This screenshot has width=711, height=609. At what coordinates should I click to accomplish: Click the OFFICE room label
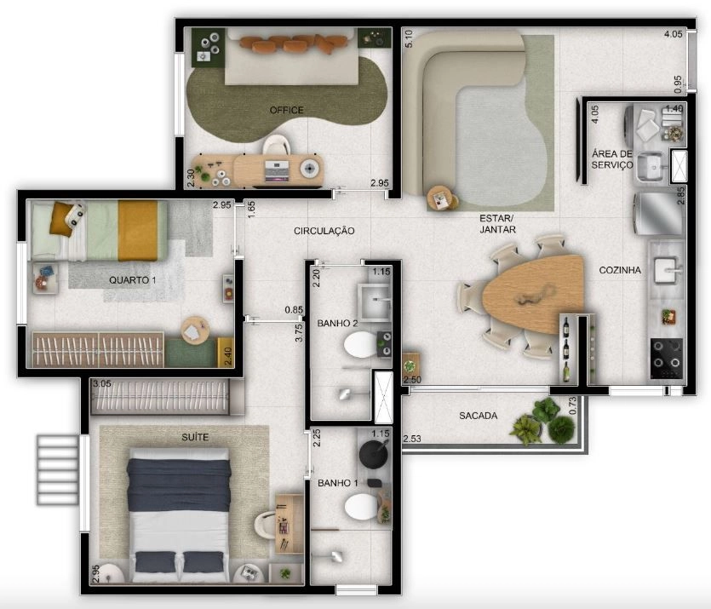tap(286, 110)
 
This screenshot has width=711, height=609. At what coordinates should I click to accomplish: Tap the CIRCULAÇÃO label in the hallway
tap(324, 231)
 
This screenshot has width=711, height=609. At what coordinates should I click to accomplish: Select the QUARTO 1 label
tap(132, 280)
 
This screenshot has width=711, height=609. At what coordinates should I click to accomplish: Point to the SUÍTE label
tap(195, 437)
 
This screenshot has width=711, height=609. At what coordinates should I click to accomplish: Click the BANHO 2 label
tap(337, 324)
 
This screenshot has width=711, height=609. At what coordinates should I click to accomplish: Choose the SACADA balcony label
tap(478, 416)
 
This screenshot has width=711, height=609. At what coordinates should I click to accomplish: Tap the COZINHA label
tap(620, 270)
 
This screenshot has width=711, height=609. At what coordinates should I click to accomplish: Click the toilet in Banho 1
tap(361, 506)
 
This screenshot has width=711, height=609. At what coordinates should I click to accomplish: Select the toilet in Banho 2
tap(361, 345)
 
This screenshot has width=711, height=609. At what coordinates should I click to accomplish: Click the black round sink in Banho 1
tap(373, 452)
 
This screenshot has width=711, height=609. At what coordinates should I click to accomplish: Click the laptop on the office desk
tap(276, 171)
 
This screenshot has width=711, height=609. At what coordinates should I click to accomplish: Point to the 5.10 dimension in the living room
tap(409, 39)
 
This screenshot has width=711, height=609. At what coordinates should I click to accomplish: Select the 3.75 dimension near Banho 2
tap(299, 333)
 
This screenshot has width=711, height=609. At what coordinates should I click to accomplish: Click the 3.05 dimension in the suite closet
tap(101, 383)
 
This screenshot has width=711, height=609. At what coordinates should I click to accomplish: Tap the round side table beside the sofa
tap(441, 198)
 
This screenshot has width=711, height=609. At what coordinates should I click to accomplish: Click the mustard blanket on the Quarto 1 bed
tap(138, 231)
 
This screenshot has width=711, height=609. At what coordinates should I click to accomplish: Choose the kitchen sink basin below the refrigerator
tap(667, 269)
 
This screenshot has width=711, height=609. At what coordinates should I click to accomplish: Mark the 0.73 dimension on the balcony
tap(572, 405)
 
